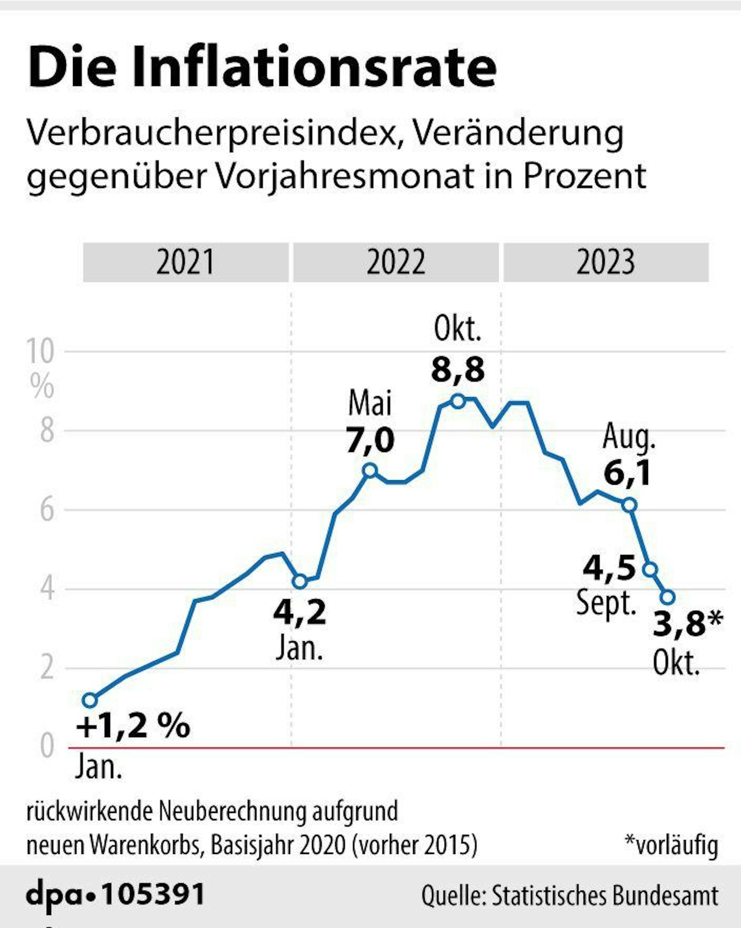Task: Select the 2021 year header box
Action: pyautogui.click(x=186, y=262)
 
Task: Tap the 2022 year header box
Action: pyautogui.click(x=396, y=262)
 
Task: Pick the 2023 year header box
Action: pyautogui.click(x=606, y=262)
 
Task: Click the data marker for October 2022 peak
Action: pyautogui.click(x=458, y=401)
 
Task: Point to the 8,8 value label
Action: pyautogui.click(x=458, y=369)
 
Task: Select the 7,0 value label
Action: pyautogui.click(x=370, y=440)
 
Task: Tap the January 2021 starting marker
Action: pyautogui.click(x=90, y=700)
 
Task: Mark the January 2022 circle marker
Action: pyautogui.click(x=300, y=581)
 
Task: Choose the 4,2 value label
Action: pyautogui.click(x=300, y=612)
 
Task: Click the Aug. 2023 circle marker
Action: pyautogui.click(x=629, y=505)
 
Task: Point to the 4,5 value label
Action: pyautogui.click(x=609, y=568)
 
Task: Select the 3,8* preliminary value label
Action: pyautogui.click(x=688, y=624)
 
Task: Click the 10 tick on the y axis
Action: pyautogui.click(x=40, y=351)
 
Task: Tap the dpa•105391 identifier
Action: pyautogui.click(x=115, y=894)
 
